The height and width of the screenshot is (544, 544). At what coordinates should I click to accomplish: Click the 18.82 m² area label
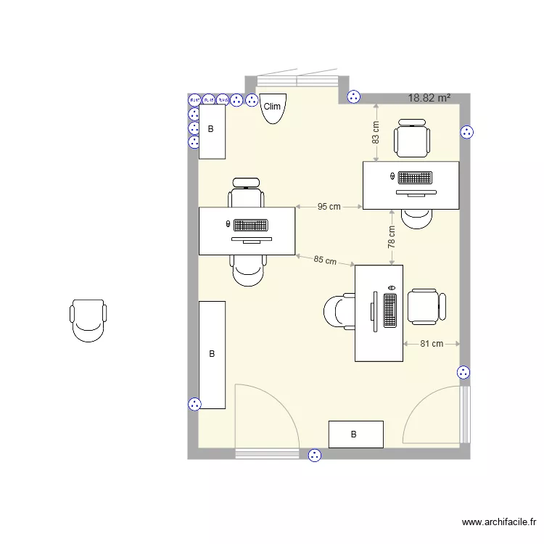tap(429, 98)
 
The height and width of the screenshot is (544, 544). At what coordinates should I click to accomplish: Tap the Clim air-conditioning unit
tap(272, 107)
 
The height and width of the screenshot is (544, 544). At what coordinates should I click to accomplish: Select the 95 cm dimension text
tap(329, 207)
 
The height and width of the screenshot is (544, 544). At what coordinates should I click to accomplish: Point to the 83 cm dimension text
tap(376, 131)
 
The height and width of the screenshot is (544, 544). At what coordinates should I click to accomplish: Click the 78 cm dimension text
tap(392, 237)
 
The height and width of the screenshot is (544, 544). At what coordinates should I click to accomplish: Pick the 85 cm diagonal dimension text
tap(325, 260)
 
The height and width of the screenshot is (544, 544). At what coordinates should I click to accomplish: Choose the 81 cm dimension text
tap(432, 344)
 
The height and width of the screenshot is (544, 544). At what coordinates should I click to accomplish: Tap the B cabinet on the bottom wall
tap(355, 434)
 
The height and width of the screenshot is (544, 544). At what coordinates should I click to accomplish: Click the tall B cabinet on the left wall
tap(212, 355)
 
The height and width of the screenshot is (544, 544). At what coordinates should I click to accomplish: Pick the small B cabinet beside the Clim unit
tap(212, 131)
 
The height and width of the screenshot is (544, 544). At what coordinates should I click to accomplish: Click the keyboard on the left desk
tap(251, 226)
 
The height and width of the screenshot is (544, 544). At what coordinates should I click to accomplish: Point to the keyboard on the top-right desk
tap(415, 177)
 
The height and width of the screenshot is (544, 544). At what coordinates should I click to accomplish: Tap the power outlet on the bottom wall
tap(315, 456)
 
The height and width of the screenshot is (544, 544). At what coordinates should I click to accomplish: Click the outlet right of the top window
tap(354, 96)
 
